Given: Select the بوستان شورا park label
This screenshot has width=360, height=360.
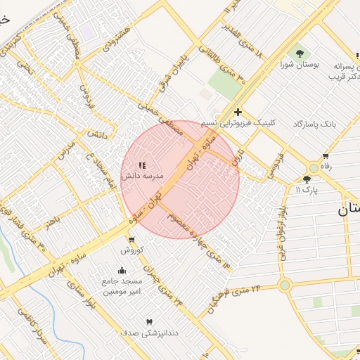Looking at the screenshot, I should (301, 64).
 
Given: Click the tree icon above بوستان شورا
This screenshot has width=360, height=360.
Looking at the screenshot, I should (300, 53).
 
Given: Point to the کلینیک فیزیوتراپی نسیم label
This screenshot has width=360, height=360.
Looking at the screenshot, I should (238, 122).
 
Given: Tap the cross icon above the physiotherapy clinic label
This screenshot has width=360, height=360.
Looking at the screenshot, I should (238, 111).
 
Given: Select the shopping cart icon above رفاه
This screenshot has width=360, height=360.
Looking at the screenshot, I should (326, 156).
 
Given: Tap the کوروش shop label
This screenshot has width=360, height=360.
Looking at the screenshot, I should (131, 250).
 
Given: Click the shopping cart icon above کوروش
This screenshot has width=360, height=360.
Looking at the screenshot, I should (131, 240).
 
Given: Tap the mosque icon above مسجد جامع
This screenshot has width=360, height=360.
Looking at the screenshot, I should (122, 270).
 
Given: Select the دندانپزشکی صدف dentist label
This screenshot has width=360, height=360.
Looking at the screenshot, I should (148, 333).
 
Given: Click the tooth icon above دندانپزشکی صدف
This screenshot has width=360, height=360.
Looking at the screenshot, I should (148, 322).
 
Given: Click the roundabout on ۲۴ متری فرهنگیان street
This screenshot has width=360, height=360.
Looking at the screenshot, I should (285, 285).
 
